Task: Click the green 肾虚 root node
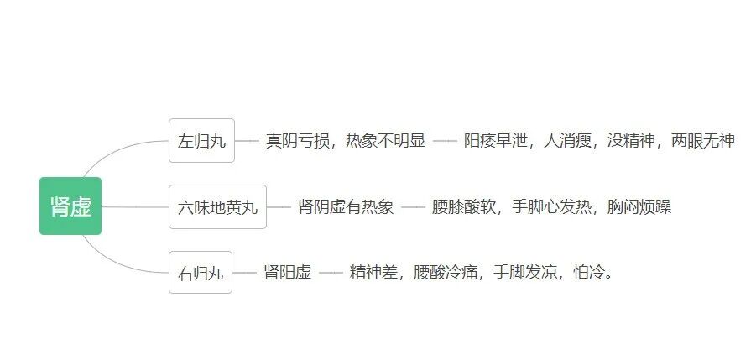[x=70, y=206]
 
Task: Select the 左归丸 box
[x=202, y=141]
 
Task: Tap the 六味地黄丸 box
[x=217, y=206]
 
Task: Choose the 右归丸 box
[x=201, y=273]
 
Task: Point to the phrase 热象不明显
[x=383, y=141]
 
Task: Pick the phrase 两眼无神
[x=702, y=141]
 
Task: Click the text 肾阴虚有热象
[x=346, y=206]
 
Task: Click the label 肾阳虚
[x=287, y=273]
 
